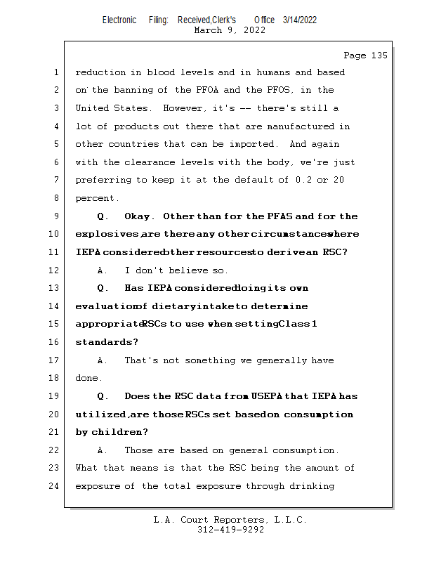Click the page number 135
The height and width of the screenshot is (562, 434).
coord(378,55)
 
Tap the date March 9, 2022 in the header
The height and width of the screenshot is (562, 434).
coord(229,30)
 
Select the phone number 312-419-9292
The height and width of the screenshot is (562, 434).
coord(230,530)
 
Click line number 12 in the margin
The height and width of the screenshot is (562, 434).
coord(55,270)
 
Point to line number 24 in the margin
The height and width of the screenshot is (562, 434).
coord(55,486)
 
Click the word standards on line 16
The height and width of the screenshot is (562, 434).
coord(105,342)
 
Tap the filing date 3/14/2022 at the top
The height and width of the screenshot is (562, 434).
coord(300,20)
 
